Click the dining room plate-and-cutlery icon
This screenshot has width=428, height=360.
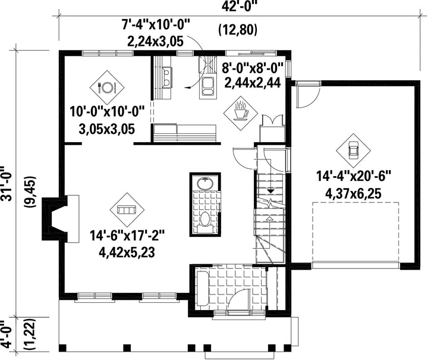click(107, 87)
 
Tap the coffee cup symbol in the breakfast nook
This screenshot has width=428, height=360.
click(241, 112)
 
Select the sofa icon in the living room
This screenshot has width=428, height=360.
click(127, 210)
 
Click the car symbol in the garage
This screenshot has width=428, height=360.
click(353, 150)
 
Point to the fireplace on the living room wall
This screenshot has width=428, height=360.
click(60, 218)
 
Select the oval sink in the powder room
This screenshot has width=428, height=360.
click(205, 183)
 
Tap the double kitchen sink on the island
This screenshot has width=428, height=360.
click(207, 87)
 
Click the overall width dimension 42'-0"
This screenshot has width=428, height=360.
click(240, 7)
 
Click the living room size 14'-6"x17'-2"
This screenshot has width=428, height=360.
click(127, 236)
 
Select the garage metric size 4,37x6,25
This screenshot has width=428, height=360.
click(353, 195)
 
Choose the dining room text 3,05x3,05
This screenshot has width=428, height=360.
click(107, 129)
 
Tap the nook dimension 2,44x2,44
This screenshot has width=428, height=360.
click(253, 82)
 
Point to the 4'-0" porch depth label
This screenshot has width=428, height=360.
click(7, 335)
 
